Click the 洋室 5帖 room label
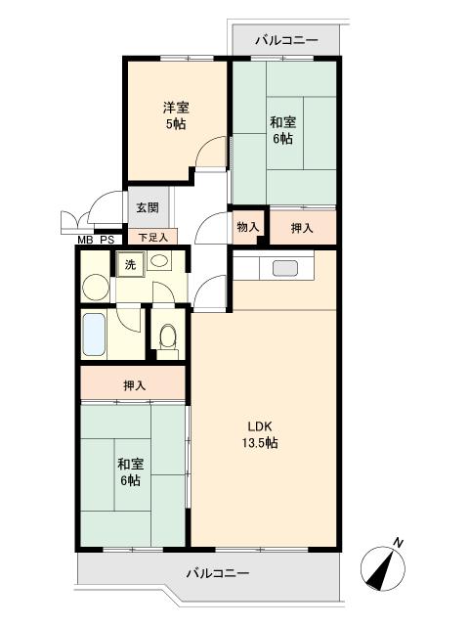point(176,115)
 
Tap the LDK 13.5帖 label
point(260,434)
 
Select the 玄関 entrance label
point(148,207)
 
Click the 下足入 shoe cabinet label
point(152,238)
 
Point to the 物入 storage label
point(247,227)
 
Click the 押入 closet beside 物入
point(302,228)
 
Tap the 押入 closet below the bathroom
point(135,385)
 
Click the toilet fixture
point(167,339)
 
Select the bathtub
point(94,335)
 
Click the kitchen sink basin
point(285,268)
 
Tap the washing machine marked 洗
point(130,264)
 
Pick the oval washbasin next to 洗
point(159,261)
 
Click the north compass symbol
point(383,568)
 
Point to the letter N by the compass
point(398,543)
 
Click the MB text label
point(85,240)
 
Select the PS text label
point(107,240)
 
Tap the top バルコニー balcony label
point(286,40)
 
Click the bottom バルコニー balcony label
point(218,573)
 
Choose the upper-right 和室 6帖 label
point(283,130)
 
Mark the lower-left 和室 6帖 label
point(130,471)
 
